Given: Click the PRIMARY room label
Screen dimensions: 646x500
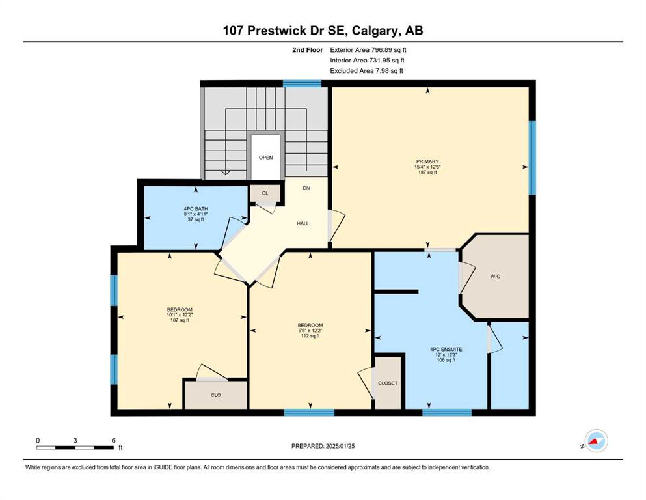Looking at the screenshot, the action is [x=427, y=161].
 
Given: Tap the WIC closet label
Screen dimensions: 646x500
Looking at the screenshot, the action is [x=495, y=277].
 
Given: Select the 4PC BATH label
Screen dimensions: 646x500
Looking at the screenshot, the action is [x=196, y=209].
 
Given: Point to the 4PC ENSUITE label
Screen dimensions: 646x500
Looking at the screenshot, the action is [x=446, y=350].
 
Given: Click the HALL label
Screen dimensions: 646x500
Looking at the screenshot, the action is [x=303, y=223].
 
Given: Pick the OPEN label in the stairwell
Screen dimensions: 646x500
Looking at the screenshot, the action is [x=265, y=158].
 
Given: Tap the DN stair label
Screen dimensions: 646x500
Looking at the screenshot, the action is [x=306, y=188].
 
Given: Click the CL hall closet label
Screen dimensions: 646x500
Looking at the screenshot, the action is [x=265, y=193].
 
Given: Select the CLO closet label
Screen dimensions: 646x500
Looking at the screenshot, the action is [x=216, y=395].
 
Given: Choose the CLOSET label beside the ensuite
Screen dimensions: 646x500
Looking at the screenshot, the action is [x=388, y=383].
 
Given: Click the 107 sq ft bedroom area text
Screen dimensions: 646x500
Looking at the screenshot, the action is [x=180, y=320].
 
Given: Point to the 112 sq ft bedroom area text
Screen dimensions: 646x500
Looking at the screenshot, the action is [x=310, y=335].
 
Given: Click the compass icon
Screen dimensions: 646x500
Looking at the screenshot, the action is [x=596, y=441].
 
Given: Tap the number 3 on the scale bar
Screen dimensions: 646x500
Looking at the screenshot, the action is [x=75, y=440].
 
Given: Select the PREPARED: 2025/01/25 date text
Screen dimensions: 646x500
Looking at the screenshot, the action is [x=323, y=446].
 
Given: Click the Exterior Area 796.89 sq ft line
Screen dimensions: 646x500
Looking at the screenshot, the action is [x=368, y=50].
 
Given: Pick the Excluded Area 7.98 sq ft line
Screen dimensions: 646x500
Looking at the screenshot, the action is [x=366, y=71].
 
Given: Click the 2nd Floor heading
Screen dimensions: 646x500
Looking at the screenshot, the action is [x=307, y=50].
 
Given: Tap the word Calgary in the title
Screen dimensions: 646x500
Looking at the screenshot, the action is [x=375, y=31].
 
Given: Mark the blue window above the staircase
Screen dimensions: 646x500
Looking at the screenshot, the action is [x=302, y=84].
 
